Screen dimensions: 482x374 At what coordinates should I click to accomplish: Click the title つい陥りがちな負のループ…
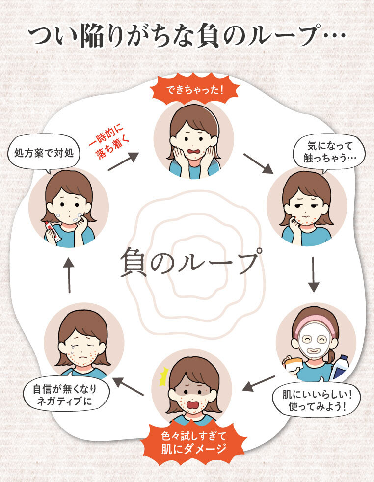click(187, 35)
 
